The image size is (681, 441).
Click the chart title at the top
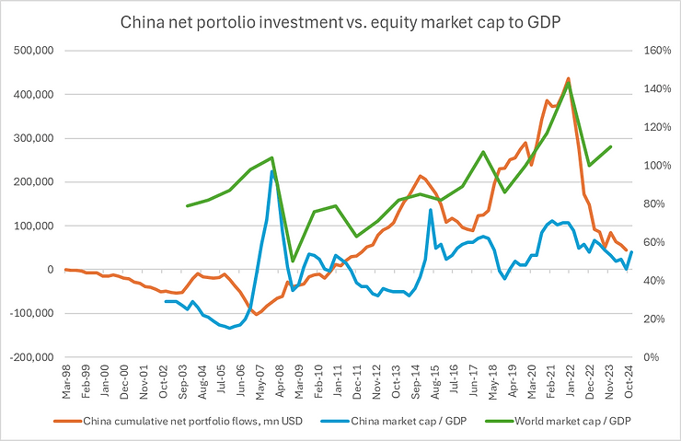coord(340,19)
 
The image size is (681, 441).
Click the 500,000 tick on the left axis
coord(29,50)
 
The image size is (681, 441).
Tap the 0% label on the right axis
coord(654,357)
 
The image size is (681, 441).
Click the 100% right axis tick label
coord(658,165)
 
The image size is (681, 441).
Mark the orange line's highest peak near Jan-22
coord(568,78)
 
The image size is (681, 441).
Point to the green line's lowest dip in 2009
coord(293,261)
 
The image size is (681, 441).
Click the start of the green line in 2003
coord(187,206)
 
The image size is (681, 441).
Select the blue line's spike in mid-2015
coord(430,210)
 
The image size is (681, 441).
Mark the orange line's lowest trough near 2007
coord(256,314)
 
